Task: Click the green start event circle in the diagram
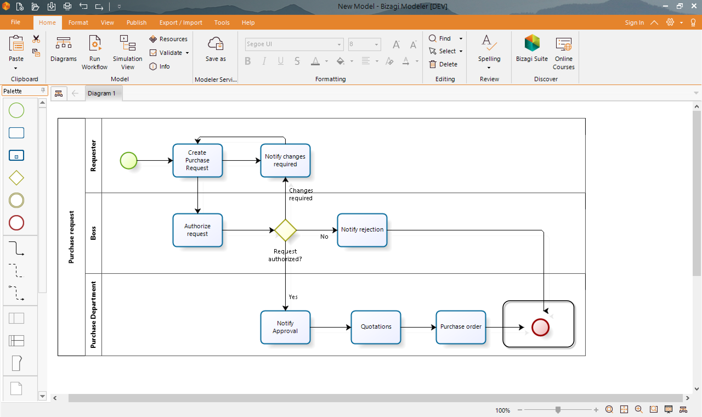[128, 160]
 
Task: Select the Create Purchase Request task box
[197, 160]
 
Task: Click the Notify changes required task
[285, 160]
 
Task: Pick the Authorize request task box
[197, 230]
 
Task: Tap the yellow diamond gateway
[285, 230]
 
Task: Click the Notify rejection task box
[362, 230]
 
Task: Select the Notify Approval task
[285, 327]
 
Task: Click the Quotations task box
[376, 327]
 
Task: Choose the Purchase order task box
[460, 327]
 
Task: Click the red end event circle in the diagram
[540, 327]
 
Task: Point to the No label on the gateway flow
[324, 236]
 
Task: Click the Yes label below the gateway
[293, 297]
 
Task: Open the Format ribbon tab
[78, 22]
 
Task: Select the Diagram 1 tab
[101, 93]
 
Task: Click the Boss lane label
[93, 233]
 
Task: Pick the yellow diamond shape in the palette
[16, 178]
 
